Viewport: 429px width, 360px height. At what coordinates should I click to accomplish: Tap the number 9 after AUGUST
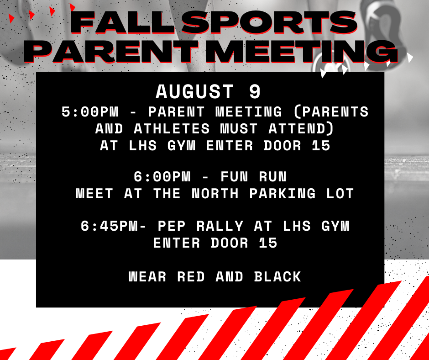(255, 92)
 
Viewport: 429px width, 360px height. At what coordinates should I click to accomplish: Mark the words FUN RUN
(253, 176)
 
